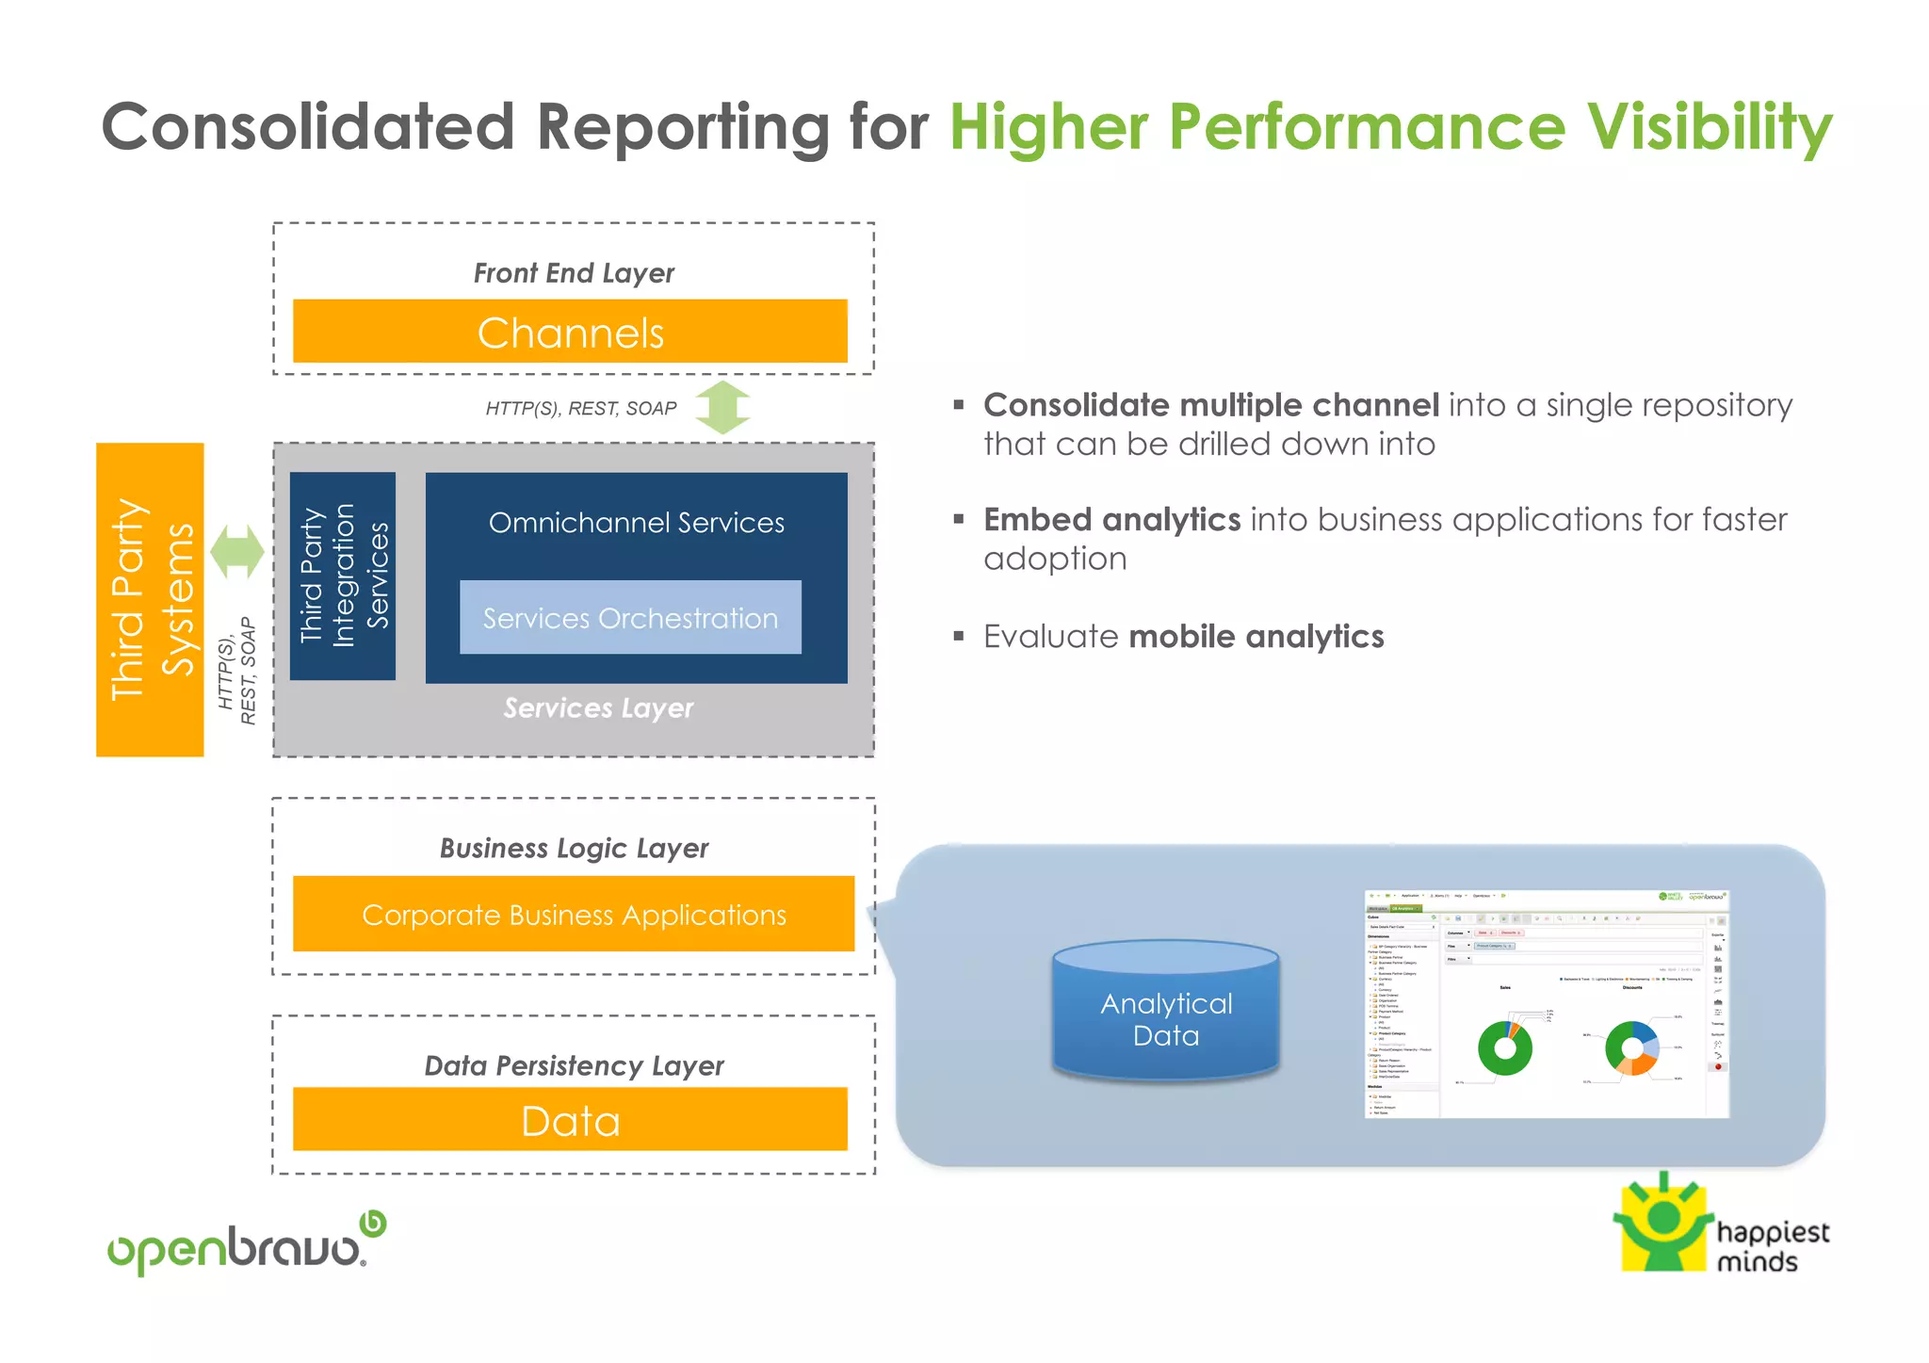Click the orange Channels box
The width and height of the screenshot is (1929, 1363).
point(570,332)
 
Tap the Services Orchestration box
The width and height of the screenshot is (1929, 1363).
point(630,618)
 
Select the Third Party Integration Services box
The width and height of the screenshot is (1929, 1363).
point(343,576)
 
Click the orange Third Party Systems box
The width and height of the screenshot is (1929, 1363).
point(150,600)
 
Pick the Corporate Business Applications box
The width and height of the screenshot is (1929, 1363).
point(574,915)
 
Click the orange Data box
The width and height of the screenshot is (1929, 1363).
point(570,1120)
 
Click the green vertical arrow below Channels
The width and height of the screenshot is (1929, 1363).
point(723,407)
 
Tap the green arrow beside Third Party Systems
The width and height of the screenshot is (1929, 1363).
point(236,551)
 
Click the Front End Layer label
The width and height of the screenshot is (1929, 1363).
point(574,273)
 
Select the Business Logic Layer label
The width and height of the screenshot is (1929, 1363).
point(574,849)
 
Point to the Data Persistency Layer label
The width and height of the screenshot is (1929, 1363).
point(574,1066)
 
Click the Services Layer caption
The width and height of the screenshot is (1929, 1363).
point(598,708)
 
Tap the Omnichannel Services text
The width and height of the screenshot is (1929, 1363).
point(636,523)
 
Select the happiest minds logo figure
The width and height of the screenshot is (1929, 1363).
point(1663,1224)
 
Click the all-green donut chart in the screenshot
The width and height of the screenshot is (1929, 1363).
point(1505,1048)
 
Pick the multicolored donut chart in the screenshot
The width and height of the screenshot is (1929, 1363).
point(1631,1047)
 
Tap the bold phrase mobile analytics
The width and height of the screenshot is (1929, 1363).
point(1256,637)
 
